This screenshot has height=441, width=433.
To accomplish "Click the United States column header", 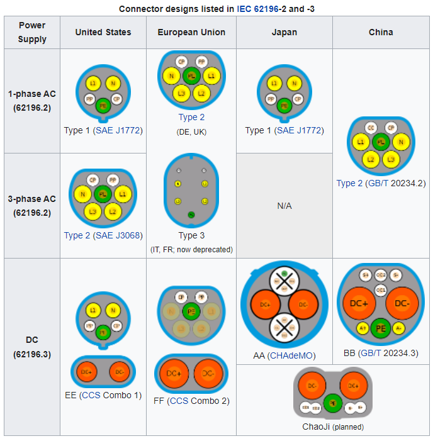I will pyautogui.click(x=103, y=32).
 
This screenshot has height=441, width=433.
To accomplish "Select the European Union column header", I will pyautogui.click(x=191, y=32).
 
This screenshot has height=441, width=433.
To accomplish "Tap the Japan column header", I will pyautogui.click(x=284, y=32).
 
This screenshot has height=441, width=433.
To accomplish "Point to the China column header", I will pyautogui.click(x=381, y=32).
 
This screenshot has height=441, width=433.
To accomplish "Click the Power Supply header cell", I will pyautogui.click(x=32, y=32).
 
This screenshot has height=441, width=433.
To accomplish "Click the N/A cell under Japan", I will pyautogui.click(x=284, y=206).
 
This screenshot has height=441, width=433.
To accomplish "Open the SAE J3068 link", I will pyautogui.click(x=118, y=236).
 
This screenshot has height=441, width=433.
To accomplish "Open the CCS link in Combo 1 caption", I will pyautogui.click(x=92, y=395).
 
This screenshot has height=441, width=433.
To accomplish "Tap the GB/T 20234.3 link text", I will pyautogui.click(x=388, y=354).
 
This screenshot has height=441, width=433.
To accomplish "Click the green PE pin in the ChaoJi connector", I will pyautogui.click(x=332, y=402).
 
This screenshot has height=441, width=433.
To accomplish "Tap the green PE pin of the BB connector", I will pyautogui.click(x=380, y=328).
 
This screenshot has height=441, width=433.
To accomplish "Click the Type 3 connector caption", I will pyautogui.click(x=191, y=236).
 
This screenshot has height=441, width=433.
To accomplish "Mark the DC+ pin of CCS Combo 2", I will pyautogui.click(x=174, y=374).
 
